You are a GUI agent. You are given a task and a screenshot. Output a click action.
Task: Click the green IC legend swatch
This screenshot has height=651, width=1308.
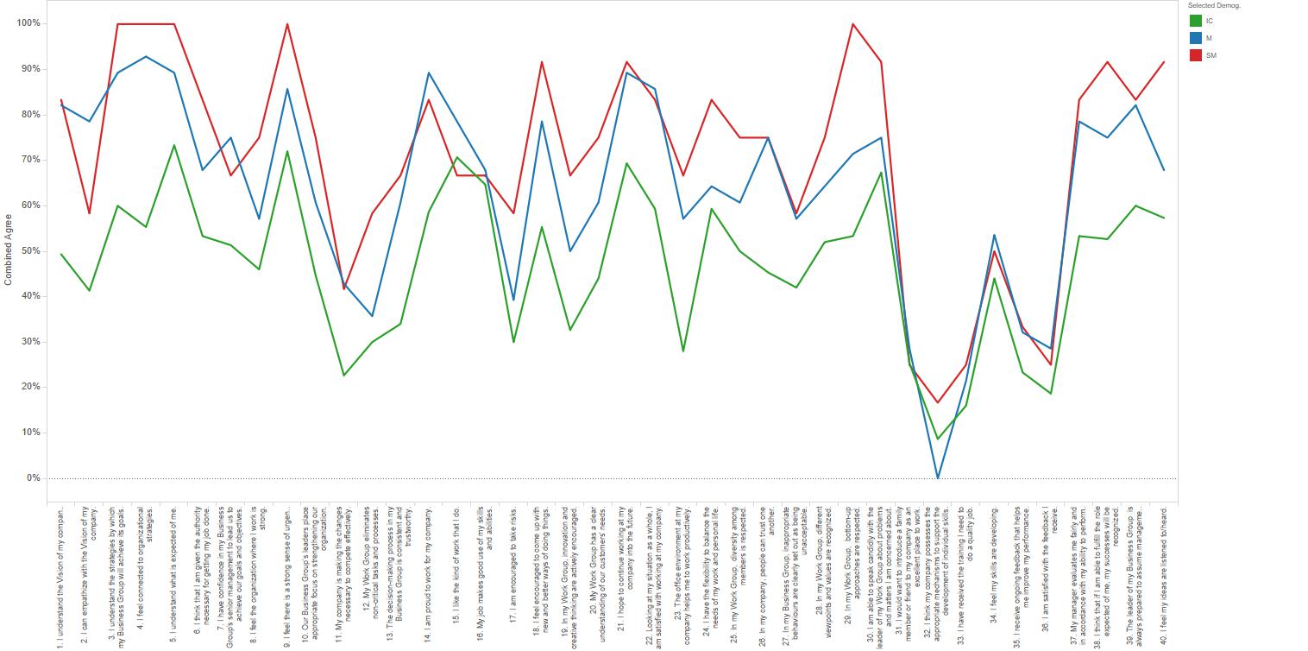pyautogui.click(x=1196, y=21)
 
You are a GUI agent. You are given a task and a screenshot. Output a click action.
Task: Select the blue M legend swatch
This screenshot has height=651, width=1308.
pyautogui.click(x=1196, y=38)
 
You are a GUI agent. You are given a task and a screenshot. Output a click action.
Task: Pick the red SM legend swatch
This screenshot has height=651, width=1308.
pyautogui.click(x=1196, y=55)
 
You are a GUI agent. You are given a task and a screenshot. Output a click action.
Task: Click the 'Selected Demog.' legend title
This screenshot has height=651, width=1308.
pyautogui.click(x=1214, y=6)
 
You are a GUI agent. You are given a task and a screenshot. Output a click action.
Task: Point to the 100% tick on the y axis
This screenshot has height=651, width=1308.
pyautogui.click(x=28, y=23)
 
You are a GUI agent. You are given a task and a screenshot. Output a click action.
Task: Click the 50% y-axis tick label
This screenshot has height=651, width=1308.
pyautogui.click(x=30, y=251)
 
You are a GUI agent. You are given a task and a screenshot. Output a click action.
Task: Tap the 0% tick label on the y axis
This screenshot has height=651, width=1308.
pyautogui.click(x=33, y=478)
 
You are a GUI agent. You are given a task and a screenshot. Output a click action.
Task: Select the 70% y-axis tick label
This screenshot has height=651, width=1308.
pyautogui.click(x=30, y=160)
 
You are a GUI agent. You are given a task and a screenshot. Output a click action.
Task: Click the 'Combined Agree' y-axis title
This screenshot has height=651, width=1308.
pyautogui.click(x=9, y=250)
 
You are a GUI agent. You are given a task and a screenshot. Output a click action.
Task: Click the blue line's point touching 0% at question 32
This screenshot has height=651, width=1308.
pyautogui.click(x=939, y=477)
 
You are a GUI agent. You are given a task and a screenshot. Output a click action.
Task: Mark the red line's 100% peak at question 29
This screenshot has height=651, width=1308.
pyautogui.click(x=853, y=24)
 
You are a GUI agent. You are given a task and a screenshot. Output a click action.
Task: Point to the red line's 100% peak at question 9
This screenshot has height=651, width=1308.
pyautogui.click(x=286, y=24)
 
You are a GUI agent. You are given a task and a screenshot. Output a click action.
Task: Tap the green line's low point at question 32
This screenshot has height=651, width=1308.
pyautogui.click(x=939, y=439)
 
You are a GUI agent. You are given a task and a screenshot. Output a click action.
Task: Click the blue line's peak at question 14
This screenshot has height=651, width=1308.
pyautogui.click(x=429, y=73)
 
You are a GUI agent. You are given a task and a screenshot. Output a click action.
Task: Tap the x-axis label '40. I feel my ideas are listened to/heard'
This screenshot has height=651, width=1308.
pyautogui.click(x=1165, y=570)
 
